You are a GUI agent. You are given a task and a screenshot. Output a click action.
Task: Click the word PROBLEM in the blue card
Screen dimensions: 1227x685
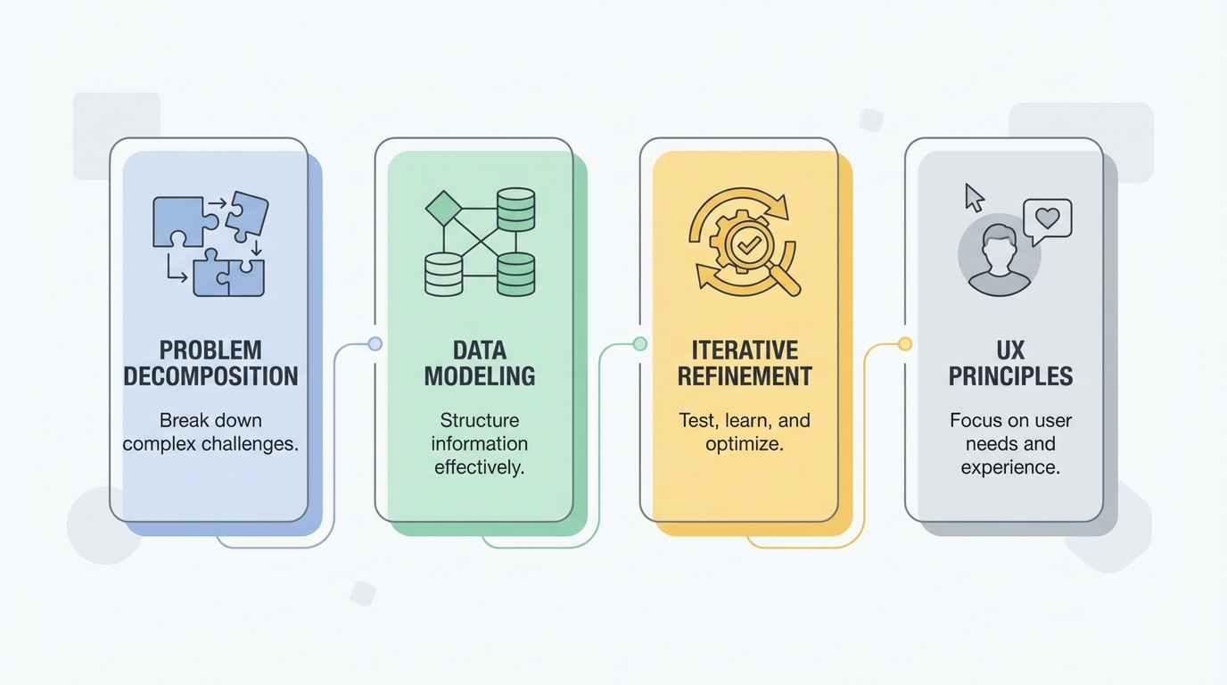[x=210, y=349]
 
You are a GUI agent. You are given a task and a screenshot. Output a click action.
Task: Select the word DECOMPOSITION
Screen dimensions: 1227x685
[x=210, y=376]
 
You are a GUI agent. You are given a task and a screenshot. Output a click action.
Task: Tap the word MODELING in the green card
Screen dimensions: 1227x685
[x=480, y=376]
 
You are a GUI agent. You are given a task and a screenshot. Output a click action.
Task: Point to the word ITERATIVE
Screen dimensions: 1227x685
[x=745, y=349]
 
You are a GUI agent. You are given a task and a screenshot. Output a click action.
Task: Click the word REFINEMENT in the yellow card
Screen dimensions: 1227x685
[x=745, y=376]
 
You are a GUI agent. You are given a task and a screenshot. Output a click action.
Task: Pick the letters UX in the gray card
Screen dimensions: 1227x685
[x=1010, y=349]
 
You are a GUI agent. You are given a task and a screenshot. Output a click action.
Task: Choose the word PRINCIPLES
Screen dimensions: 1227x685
[x=1010, y=376]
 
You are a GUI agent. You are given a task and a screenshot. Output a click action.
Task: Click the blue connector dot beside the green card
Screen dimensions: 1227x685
[x=375, y=343]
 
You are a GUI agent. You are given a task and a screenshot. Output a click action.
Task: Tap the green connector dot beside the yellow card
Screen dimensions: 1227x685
[x=639, y=343]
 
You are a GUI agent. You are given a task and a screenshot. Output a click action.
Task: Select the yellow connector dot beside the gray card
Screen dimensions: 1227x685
[x=905, y=343]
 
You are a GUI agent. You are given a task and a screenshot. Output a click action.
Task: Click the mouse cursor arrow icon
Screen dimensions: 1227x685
[x=974, y=197]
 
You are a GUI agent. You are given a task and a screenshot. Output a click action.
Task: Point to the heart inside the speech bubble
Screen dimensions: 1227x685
[x=1048, y=218]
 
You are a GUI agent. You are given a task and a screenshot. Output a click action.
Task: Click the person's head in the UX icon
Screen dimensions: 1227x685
[x=999, y=243]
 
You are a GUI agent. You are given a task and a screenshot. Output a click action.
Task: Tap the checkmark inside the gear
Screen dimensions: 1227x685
[x=744, y=242]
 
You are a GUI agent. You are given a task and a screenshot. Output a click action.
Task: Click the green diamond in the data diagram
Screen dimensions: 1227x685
[x=443, y=208]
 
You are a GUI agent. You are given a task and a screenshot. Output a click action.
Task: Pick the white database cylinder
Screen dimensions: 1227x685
[x=443, y=274]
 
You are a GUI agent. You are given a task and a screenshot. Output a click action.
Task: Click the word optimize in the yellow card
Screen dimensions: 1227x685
[x=745, y=444]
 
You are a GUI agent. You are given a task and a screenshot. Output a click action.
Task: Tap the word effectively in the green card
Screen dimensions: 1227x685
[x=480, y=467]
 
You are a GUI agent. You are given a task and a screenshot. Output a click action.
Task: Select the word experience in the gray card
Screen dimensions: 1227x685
[x=1010, y=467]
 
